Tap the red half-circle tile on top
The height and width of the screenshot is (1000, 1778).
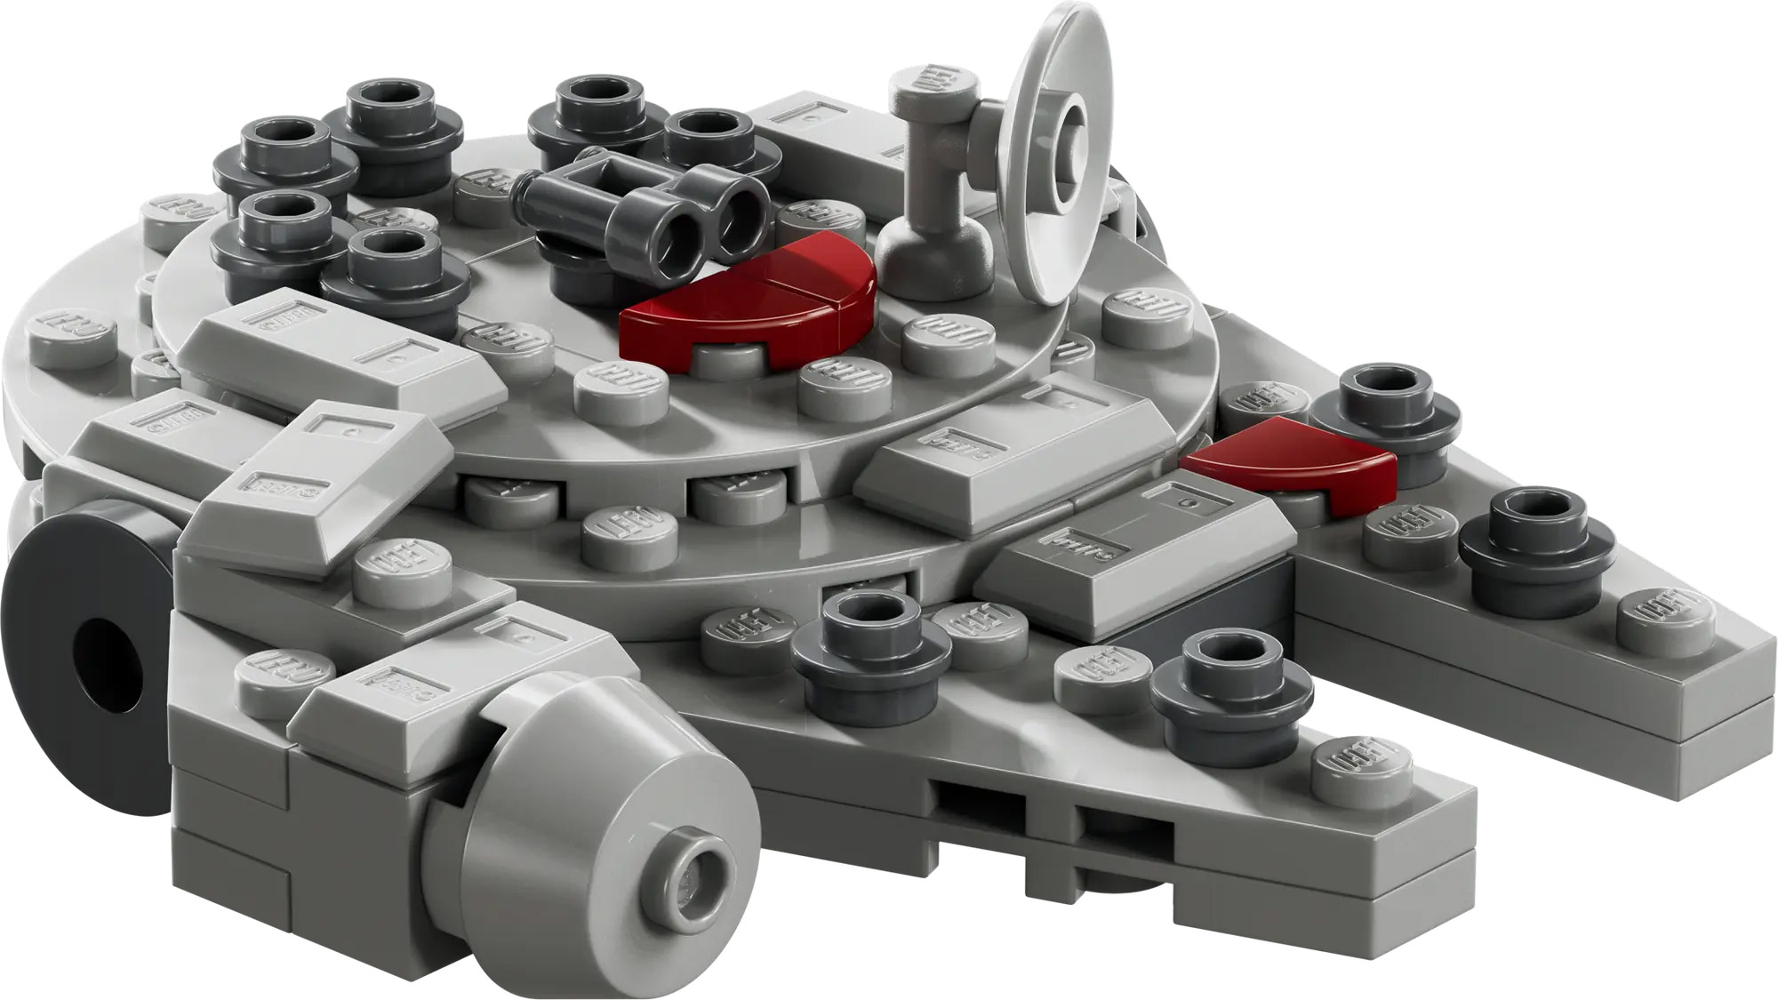point(751,302)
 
